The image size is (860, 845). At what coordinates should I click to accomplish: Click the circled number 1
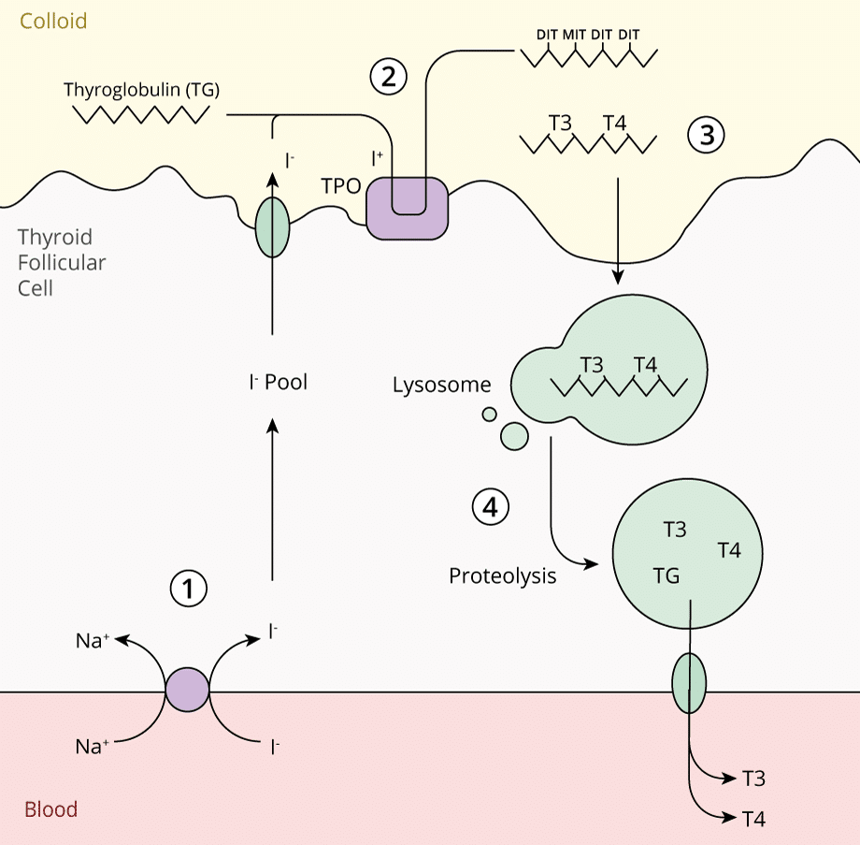(x=188, y=588)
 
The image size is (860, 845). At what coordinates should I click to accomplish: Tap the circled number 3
(x=706, y=136)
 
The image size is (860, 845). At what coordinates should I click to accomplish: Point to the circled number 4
(x=490, y=508)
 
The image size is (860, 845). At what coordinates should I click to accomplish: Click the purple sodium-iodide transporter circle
(x=188, y=692)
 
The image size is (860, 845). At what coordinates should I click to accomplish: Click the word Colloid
(x=53, y=21)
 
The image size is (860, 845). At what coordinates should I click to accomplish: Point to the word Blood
(x=50, y=809)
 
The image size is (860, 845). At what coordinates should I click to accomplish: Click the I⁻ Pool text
(x=278, y=382)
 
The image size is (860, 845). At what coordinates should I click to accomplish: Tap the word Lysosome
(x=441, y=385)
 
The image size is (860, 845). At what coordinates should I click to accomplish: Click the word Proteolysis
(x=502, y=575)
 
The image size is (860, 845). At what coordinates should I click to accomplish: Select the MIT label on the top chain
(x=574, y=35)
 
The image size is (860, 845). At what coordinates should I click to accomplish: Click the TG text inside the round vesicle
(x=666, y=575)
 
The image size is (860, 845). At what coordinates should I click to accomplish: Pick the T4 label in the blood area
(x=754, y=819)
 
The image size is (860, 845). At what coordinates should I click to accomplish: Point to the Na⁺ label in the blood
(x=93, y=747)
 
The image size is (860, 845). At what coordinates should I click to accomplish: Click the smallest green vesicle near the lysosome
(x=489, y=415)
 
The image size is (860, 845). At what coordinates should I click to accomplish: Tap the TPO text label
(x=341, y=185)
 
